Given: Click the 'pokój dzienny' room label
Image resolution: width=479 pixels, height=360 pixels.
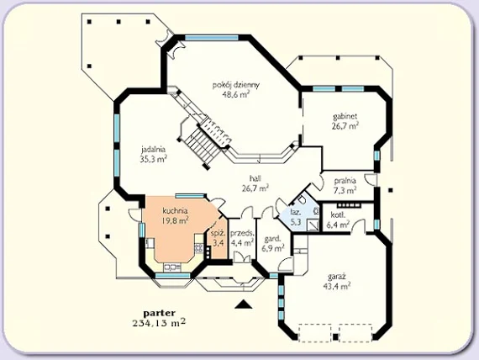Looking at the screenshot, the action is click(236, 85).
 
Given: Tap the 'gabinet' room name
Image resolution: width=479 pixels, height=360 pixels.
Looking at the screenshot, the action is click(345, 116).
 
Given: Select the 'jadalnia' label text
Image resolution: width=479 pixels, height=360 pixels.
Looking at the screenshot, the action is click(153, 150).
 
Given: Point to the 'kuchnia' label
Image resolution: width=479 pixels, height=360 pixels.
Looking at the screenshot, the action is click(175, 211).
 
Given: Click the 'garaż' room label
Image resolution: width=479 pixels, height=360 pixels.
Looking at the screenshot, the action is click(337, 277).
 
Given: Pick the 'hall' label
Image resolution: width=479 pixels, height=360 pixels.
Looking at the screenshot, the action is click(255, 178).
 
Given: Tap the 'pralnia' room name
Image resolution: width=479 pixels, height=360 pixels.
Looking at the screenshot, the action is click(345, 181).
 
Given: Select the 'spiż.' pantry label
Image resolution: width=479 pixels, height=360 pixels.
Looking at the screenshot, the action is click(218, 234).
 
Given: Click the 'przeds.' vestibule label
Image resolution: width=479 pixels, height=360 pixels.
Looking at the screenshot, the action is click(242, 234).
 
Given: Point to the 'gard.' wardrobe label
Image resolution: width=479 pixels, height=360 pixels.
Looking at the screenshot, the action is click(272, 239).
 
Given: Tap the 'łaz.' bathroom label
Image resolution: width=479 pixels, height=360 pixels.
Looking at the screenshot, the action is click(296, 212).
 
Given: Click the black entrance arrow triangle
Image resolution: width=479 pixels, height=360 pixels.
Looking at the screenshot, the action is click(244, 304).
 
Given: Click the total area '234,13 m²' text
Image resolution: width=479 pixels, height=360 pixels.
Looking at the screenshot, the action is click(159, 323).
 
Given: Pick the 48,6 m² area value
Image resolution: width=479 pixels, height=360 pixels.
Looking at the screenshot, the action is click(236, 94).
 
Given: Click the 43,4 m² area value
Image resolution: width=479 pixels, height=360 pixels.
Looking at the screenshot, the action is click(337, 287).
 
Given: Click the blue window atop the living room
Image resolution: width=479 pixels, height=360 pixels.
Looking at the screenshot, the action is click(212, 38).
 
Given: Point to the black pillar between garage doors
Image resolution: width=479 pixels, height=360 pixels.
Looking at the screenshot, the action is click(335, 336).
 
